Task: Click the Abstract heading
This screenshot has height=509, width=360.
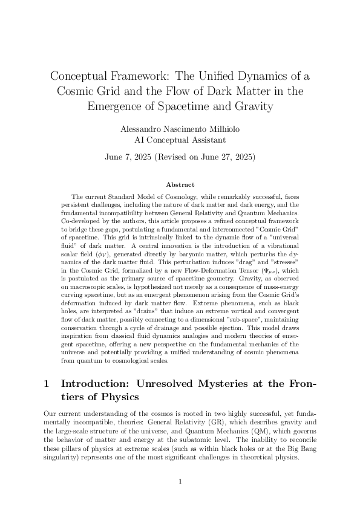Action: (180, 184)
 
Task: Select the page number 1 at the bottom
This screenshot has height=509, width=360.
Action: (180, 481)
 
